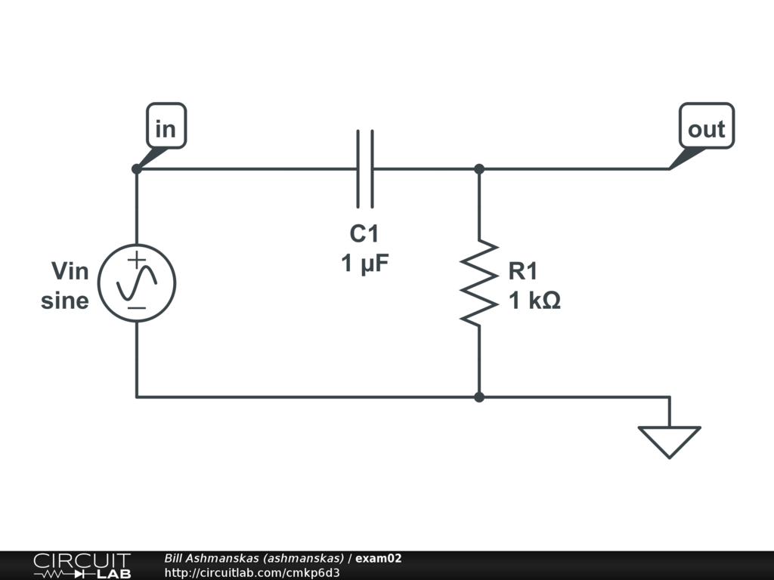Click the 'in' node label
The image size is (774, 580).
click(166, 128)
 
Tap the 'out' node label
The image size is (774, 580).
click(706, 128)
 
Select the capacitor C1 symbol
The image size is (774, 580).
click(365, 168)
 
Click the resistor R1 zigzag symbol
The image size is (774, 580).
click(479, 283)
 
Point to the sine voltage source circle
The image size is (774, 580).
click(137, 283)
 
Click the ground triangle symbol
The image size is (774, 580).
click(669, 440)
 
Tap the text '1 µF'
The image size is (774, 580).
click(365, 264)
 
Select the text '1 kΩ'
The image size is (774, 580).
click(534, 301)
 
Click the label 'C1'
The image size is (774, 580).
click(364, 235)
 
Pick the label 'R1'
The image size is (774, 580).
click(525, 271)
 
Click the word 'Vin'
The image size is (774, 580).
click(70, 270)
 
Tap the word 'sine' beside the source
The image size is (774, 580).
click(65, 301)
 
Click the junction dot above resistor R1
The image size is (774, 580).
click(479, 168)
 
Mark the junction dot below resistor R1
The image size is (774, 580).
click(479, 396)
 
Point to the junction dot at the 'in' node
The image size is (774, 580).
click(137, 168)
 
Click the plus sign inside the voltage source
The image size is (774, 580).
click(136, 261)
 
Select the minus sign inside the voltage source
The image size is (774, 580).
click(136, 307)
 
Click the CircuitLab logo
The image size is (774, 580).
click(82, 566)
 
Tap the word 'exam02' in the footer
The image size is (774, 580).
click(378, 559)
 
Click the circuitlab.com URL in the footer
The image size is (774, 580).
click(252, 572)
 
